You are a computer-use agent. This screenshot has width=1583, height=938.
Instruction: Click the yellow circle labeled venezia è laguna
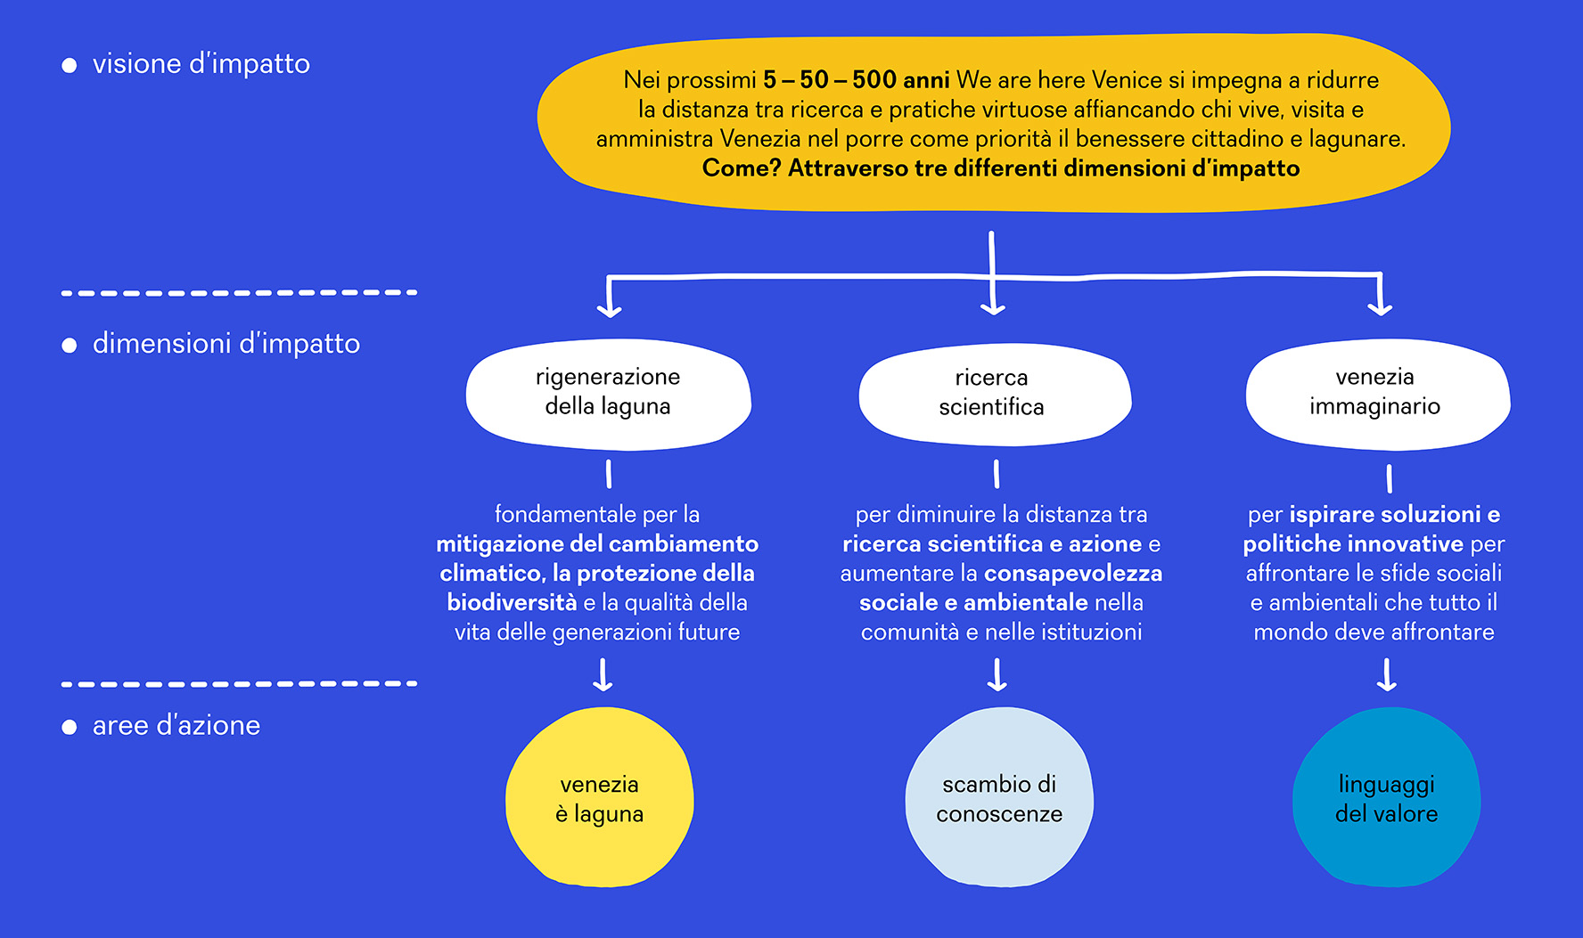click(600, 797)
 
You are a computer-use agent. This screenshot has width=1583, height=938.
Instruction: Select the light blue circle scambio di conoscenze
click(999, 797)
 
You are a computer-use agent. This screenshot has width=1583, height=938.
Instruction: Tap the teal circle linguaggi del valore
click(1387, 797)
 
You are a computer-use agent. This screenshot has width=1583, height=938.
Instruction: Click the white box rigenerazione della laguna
click(609, 392)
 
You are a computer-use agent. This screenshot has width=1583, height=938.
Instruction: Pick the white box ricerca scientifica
click(995, 393)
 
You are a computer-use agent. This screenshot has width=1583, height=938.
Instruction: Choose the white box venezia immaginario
click(1378, 392)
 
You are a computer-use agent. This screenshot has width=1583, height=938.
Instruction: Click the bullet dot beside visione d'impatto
click(70, 65)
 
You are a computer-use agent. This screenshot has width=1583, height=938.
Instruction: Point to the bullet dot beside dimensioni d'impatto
click(70, 345)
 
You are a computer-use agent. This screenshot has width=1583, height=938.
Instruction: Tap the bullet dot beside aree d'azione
click(70, 727)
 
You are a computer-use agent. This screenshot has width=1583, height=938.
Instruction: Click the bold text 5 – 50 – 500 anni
click(856, 80)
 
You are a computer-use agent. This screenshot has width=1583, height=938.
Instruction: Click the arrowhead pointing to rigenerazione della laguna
click(609, 308)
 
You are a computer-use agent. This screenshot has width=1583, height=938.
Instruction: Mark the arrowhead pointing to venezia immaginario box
click(1380, 306)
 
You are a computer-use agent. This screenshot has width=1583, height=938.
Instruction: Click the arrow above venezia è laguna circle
click(603, 674)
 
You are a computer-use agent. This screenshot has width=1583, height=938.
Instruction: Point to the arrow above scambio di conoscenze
click(997, 674)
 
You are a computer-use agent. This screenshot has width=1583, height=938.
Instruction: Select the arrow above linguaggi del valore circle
click(1387, 674)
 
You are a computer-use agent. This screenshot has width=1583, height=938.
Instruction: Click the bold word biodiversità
click(512, 602)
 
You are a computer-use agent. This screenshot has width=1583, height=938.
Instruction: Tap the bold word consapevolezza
click(1073, 573)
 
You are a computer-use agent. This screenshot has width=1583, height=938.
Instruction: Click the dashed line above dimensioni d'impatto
click(239, 292)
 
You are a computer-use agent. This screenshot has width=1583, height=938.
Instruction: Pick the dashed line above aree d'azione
click(239, 684)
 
